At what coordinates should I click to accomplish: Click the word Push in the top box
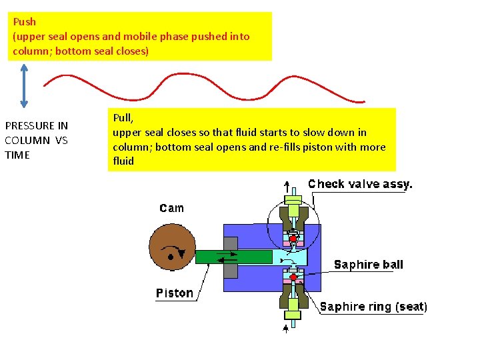24,22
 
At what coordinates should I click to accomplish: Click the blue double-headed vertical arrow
24,85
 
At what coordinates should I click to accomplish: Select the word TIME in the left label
17,155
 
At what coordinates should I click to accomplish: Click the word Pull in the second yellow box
122,118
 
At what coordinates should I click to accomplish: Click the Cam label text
171,208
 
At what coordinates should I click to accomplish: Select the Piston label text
174,293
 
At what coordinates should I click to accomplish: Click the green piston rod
233,257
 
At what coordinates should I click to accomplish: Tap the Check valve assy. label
360,184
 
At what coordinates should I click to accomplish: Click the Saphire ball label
368,265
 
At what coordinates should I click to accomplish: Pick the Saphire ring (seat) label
373,307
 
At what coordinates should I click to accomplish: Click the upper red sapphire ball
293,239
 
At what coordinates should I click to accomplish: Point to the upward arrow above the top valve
287,186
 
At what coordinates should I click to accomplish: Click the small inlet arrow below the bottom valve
287,327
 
